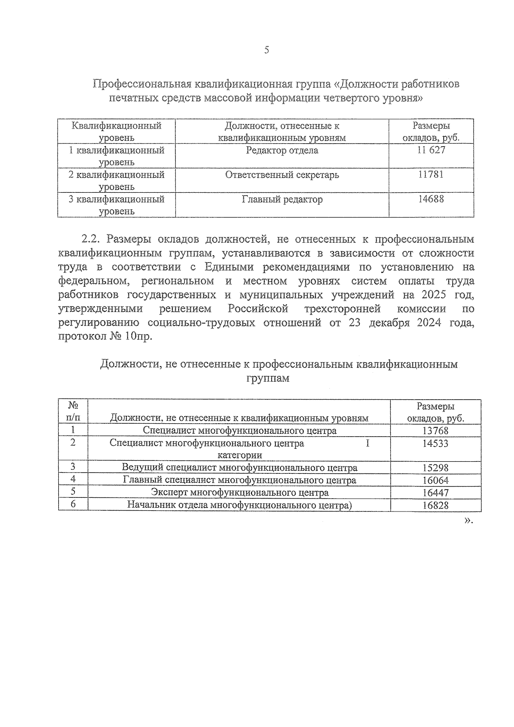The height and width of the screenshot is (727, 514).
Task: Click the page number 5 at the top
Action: (266, 51)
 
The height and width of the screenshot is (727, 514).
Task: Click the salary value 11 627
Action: (431, 150)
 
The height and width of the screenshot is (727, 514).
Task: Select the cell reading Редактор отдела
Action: (282, 150)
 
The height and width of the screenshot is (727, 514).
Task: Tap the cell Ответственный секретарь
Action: (282, 175)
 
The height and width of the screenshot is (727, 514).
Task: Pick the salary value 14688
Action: (431, 199)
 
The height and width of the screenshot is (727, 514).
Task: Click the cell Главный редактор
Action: (282, 199)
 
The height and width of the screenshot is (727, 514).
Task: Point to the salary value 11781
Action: (431, 175)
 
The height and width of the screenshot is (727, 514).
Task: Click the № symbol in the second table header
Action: (73, 405)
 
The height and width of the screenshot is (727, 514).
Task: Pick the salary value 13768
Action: (435, 431)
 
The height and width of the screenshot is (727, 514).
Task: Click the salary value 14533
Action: (435, 443)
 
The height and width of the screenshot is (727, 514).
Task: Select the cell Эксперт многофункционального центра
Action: (239, 493)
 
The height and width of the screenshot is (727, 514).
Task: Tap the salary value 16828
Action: (435, 506)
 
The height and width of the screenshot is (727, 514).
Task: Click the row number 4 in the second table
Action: (73, 479)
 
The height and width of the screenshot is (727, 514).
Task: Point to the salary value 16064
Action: (435, 480)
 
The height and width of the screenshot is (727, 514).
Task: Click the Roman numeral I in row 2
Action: (367, 443)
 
